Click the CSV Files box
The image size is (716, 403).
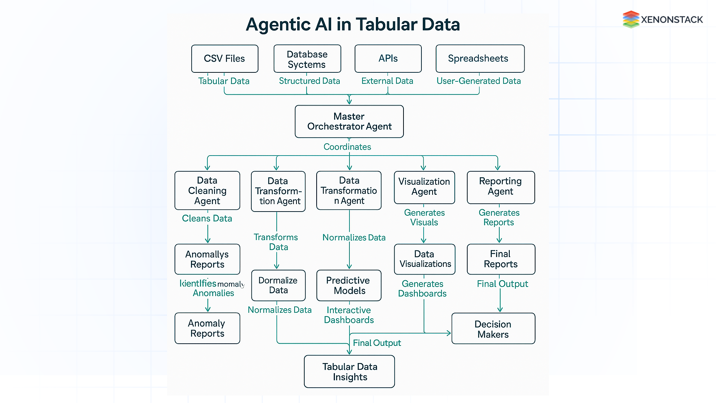click(224, 59)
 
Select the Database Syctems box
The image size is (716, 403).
click(307, 59)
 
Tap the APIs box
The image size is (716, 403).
click(388, 59)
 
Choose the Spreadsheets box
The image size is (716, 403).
click(480, 59)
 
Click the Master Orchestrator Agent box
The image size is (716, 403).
click(349, 122)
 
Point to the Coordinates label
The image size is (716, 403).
click(347, 147)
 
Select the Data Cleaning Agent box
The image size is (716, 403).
click(207, 191)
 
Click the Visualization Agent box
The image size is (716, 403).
click(424, 187)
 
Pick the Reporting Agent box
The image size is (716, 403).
click(500, 187)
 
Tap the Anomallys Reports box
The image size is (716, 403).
click(207, 259)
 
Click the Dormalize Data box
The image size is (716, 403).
click(278, 285)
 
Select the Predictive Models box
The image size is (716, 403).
click(349, 285)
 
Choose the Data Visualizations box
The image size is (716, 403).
click(424, 259)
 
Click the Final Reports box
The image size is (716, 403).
click(500, 259)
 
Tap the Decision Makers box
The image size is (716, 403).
click(493, 329)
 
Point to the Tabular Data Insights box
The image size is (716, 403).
click(349, 372)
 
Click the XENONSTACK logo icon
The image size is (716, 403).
click(631, 19)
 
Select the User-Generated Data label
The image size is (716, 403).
click(478, 81)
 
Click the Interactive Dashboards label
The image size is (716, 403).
click(349, 315)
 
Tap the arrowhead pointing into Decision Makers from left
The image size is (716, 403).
click(449, 333)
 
